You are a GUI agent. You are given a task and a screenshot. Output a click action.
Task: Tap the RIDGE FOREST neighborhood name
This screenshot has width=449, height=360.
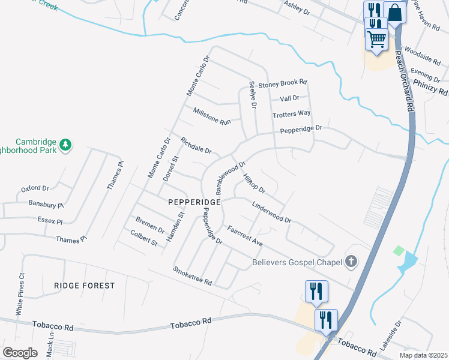coord(84,286)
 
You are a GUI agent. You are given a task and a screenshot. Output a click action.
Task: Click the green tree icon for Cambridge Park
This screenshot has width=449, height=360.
coord(65,144)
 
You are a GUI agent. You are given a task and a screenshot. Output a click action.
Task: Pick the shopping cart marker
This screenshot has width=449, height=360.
coord(376,40)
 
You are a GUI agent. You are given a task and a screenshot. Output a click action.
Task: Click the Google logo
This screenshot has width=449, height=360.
coord(20,353)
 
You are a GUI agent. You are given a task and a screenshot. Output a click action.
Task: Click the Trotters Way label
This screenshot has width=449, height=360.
coord(292,113)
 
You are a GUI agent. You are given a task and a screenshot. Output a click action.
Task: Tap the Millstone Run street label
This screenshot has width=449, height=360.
coord(212,116)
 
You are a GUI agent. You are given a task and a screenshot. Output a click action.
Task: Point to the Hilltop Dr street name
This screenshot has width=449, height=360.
coord(255,184)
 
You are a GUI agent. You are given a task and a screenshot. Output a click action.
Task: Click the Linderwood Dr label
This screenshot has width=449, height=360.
coord(271,212)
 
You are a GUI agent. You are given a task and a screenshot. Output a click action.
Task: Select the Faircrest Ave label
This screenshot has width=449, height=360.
coord(245,236)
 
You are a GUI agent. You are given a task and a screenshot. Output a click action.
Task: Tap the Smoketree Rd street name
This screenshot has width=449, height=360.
coord(193,276)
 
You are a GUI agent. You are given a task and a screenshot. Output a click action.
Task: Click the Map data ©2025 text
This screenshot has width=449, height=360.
coord(423,355)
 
